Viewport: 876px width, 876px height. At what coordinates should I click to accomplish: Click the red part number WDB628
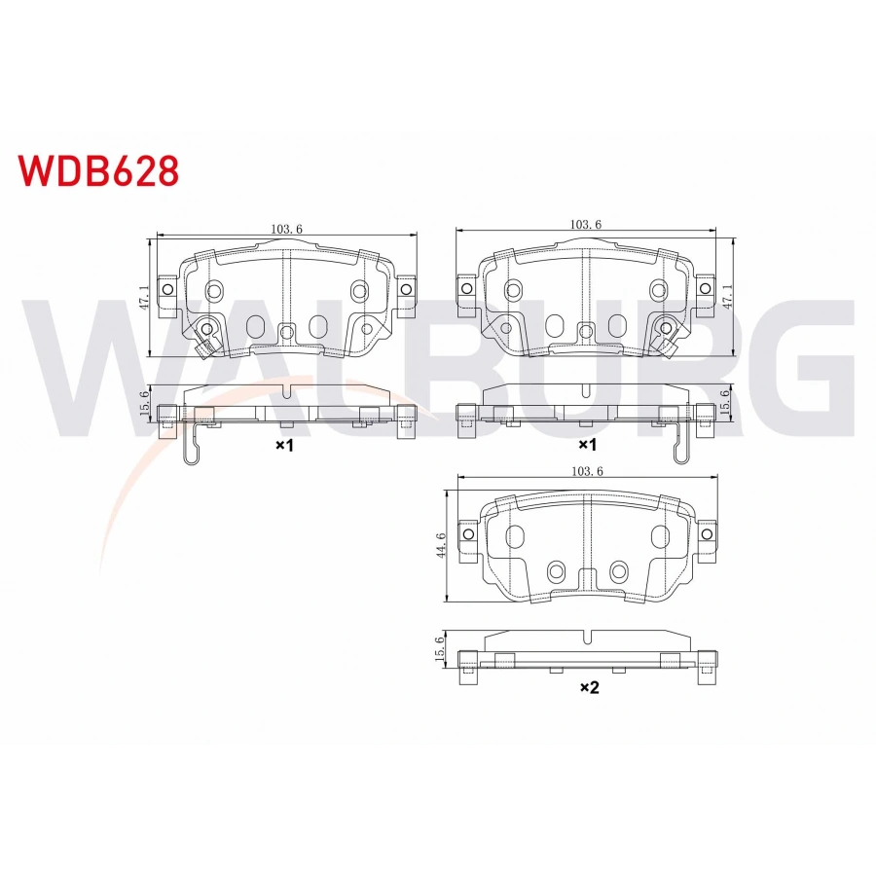tap(98, 171)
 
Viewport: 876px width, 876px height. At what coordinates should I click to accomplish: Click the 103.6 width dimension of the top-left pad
tap(286, 229)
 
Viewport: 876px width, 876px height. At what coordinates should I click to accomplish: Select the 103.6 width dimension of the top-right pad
tap(586, 225)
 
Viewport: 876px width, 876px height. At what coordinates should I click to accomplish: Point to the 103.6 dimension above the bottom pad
tap(587, 471)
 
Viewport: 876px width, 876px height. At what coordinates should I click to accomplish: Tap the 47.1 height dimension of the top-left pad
tap(144, 298)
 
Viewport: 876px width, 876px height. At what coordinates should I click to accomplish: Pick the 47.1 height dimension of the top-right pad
tap(727, 297)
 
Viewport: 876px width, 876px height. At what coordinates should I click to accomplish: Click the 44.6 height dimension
tap(441, 545)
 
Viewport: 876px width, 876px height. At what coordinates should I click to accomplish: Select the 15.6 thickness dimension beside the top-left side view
tap(144, 403)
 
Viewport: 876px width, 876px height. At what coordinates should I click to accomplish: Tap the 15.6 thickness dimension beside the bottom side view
tap(440, 649)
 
